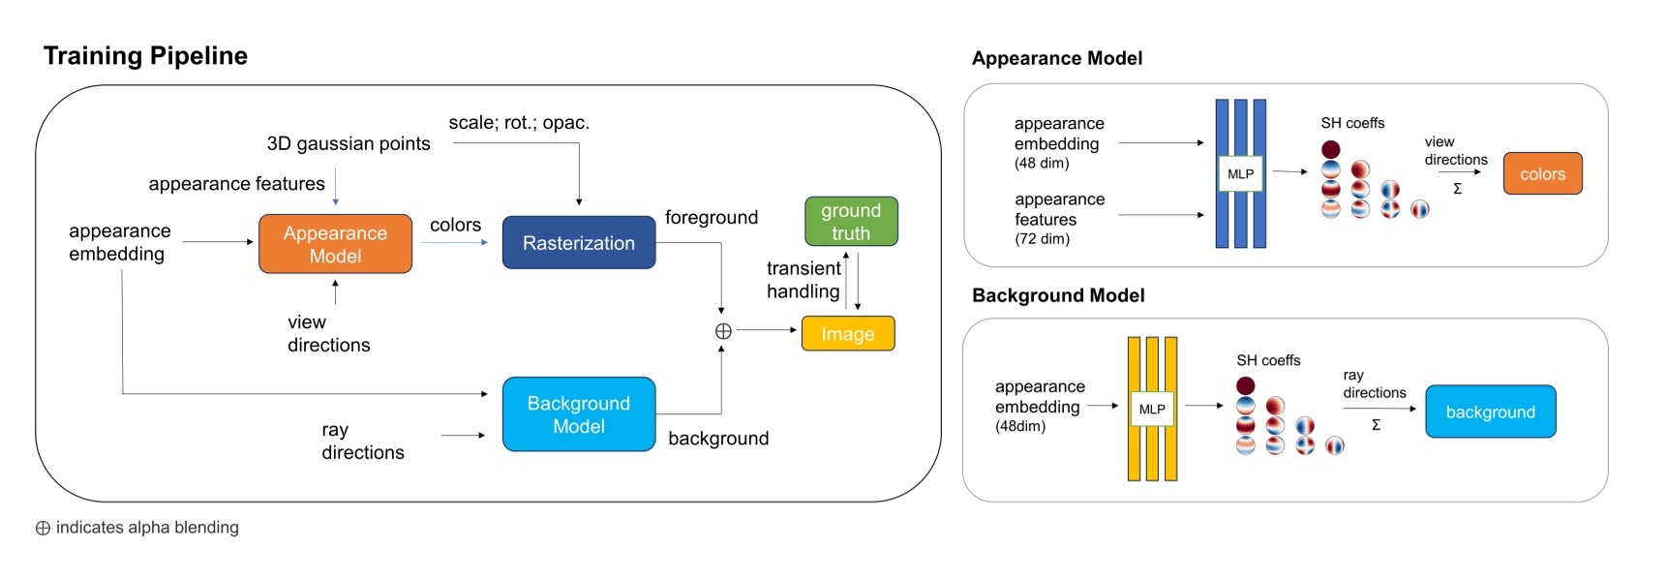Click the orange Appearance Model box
click(x=335, y=244)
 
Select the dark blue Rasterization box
click(x=578, y=243)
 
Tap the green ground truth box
click(x=851, y=222)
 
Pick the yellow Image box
click(x=847, y=334)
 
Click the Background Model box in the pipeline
click(x=578, y=414)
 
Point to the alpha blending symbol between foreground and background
click(x=722, y=331)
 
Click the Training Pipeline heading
click(x=145, y=56)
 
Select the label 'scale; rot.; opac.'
click(x=519, y=123)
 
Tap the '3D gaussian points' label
click(x=349, y=144)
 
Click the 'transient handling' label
click(x=803, y=280)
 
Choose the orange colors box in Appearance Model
click(x=1542, y=174)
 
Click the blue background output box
click(x=1490, y=412)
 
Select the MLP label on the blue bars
click(x=1240, y=174)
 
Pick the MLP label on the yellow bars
click(x=1152, y=410)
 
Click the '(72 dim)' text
click(x=1042, y=239)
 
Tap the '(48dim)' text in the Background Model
click(x=1020, y=427)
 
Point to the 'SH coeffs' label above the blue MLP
click(x=1352, y=123)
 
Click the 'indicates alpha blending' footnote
click(x=146, y=528)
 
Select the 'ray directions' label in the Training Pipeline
click(x=362, y=442)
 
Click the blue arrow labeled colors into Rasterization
click(x=455, y=242)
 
